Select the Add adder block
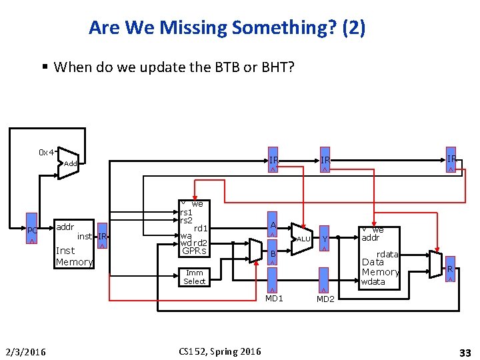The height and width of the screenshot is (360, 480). tap(69, 163)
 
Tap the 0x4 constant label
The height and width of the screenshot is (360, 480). tap(46, 152)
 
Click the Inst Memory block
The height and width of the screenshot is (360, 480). tap(73, 244)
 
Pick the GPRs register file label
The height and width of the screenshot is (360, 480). tap(194, 251)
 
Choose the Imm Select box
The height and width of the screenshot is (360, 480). tap(195, 277)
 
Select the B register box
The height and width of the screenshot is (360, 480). tap(272, 254)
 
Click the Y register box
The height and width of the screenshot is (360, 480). tap(324, 239)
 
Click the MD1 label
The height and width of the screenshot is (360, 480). tap(274, 298)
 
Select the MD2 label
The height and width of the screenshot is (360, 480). tap(325, 299)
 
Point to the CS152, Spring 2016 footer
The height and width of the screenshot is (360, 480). tap(220, 351)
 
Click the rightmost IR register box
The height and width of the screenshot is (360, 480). tap(451, 159)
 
